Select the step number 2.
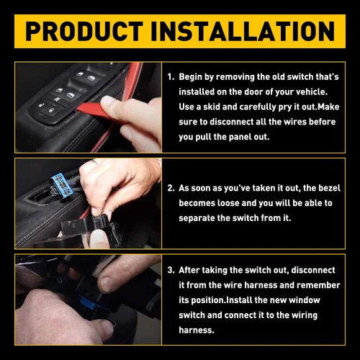(171, 189)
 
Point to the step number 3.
(171, 271)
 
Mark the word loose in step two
(237, 203)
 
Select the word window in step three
(318, 300)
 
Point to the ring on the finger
(94, 163)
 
